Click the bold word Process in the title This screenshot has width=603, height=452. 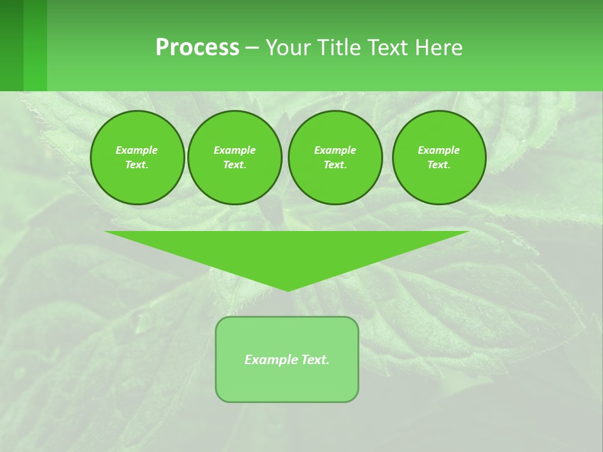[x=197, y=48]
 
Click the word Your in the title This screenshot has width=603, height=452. [x=288, y=48]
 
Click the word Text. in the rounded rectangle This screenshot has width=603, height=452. [x=315, y=360]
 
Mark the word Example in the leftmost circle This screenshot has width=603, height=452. [x=137, y=150]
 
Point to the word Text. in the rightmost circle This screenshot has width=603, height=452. [x=439, y=165]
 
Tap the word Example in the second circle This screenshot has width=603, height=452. [x=234, y=150]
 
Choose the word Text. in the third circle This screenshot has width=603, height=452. [x=335, y=165]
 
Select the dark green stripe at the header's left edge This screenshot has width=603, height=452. [x=11, y=45]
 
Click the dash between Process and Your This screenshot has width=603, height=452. [x=252, y=48]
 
